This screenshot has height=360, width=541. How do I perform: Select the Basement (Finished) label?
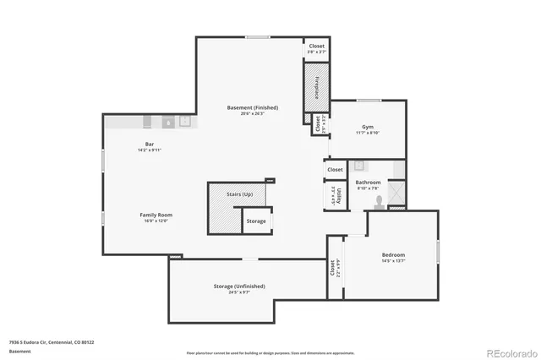tap(252, 107)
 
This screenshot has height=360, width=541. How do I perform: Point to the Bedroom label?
tap(393, 254)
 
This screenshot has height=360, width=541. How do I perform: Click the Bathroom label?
tap(368, 182)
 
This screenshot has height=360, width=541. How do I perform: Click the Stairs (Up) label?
tap(240, 194)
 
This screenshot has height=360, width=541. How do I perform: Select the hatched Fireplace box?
tap(316, 87)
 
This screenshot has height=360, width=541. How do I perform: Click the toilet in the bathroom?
tap(380, 201)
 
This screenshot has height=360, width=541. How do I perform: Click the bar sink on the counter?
tap(167, 122)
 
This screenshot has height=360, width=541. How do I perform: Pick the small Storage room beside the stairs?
tap(256, 221)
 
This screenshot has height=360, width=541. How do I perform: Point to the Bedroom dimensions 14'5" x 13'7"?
tap(393, 261)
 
